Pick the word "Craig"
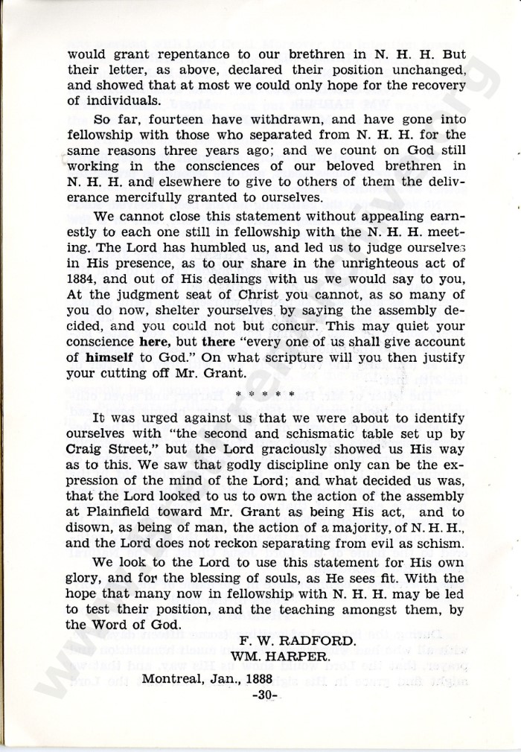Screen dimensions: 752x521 86,450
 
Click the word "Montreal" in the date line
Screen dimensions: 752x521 177,679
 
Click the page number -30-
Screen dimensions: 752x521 264,695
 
